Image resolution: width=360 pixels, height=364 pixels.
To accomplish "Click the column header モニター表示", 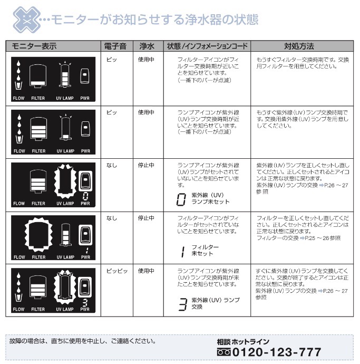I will pos(34,46).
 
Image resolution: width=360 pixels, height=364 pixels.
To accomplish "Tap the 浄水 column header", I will pos(147,46).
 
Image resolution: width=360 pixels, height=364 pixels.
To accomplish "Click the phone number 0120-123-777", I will pos(268,352).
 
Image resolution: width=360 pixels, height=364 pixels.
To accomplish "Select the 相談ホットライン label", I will pos(243,341).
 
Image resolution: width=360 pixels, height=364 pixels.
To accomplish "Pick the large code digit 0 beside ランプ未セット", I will pos(181,199).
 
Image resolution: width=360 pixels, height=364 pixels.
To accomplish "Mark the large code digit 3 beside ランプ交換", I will pos(182,304).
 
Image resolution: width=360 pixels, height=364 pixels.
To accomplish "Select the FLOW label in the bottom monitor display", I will pos(19,309).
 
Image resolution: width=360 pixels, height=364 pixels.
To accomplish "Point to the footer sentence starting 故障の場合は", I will pos(82,340).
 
